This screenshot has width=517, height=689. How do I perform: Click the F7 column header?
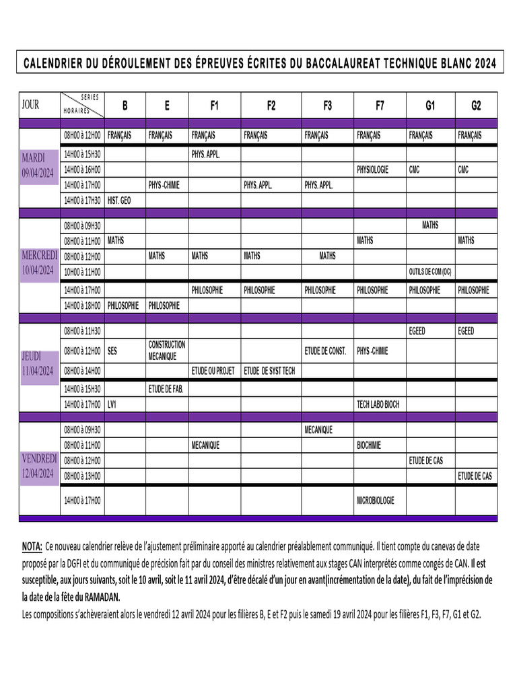tap(380, 106)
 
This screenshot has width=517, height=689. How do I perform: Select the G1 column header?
tap(430, 106)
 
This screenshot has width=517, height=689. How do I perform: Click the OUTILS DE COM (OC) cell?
tap(430, 273)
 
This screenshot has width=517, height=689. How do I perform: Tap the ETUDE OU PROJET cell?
tap(213, 371)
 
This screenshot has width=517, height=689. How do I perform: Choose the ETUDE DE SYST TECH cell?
tap(269, 371)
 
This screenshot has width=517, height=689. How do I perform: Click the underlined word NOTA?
tap(32, 546)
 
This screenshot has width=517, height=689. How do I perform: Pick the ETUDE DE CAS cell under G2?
tap(475, 476)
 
